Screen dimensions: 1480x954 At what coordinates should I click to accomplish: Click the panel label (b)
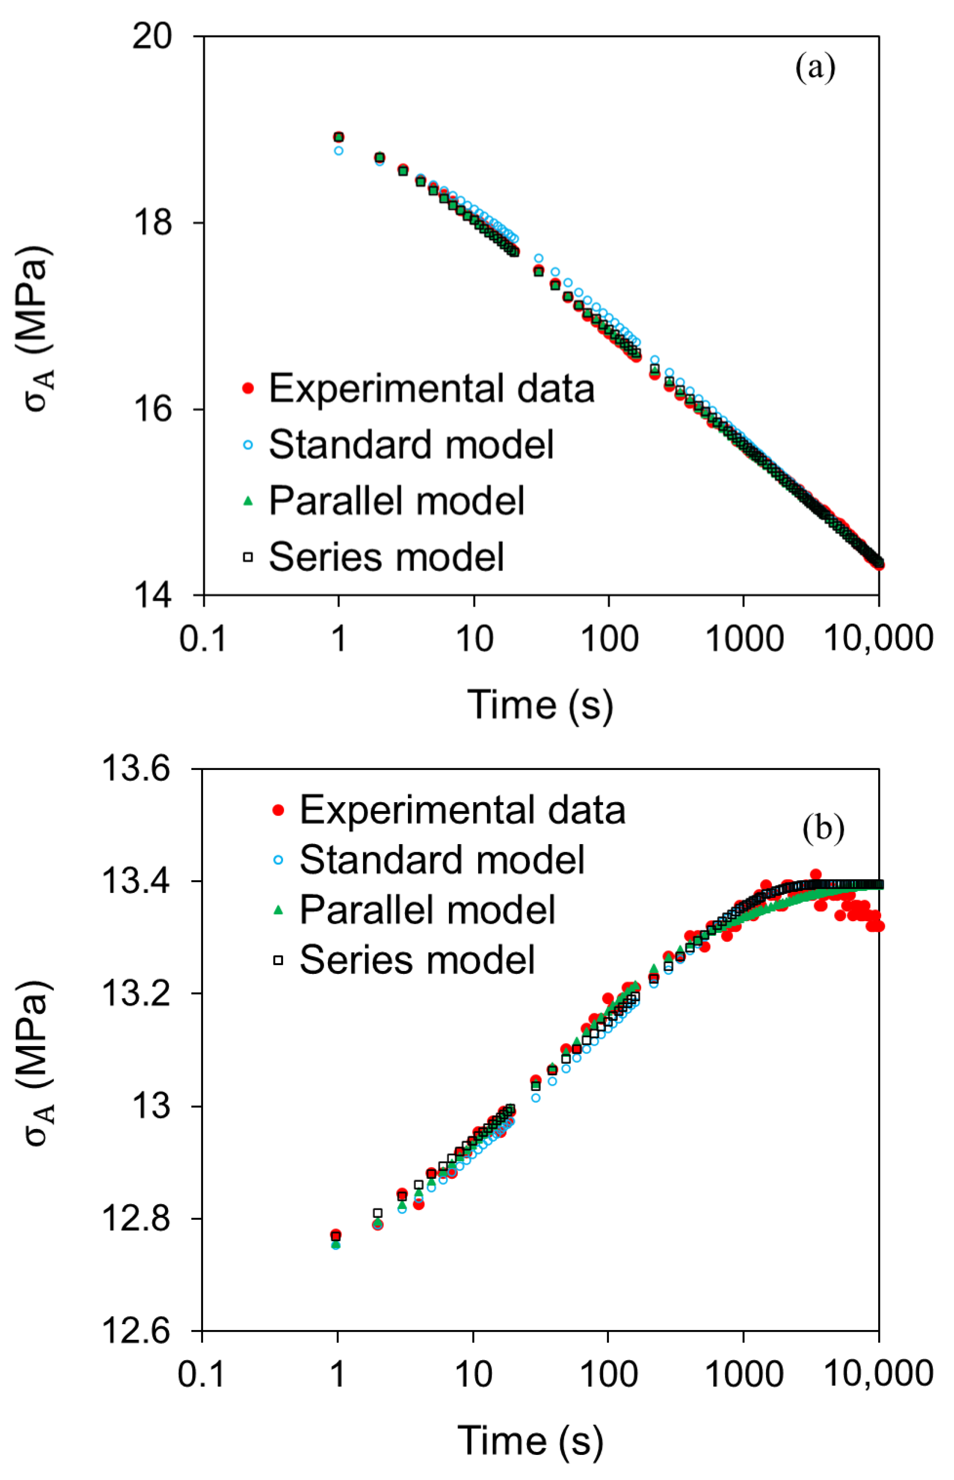(823, 828)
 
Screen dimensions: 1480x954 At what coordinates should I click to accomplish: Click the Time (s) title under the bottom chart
(530, 1440)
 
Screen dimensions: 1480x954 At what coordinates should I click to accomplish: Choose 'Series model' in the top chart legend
(386, 557)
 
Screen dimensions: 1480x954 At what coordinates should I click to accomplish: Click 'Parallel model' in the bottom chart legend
(427, 909)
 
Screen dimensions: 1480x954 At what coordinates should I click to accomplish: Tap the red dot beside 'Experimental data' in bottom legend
(278, 810)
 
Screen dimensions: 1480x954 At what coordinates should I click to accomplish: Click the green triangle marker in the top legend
(248, 501)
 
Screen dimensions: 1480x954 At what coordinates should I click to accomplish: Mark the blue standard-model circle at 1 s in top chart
(338, 150)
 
